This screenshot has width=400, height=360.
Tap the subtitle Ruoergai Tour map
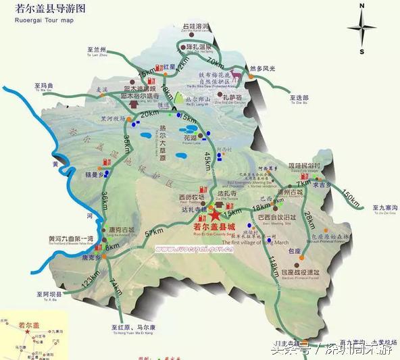(x=44, y=21)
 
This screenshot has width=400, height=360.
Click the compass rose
(x=362, y=28)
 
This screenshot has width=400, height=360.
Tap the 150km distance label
(x=350, y=196)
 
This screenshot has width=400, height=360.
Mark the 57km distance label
(x=154, y=233)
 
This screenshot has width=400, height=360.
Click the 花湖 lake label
(x=191, y=137)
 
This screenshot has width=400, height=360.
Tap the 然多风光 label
(x=264, y=69)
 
